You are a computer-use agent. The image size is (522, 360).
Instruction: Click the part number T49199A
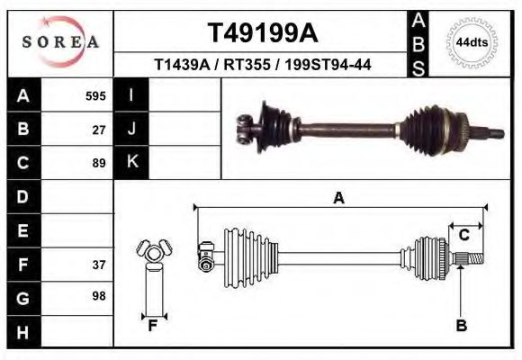coord(262,33)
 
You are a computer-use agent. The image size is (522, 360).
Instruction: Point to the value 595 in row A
coord(95,95)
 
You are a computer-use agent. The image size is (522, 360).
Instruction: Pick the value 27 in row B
coord(99,129)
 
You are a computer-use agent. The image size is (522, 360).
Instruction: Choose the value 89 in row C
coord(99,163)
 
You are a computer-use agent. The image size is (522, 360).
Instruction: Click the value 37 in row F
coord(99,265)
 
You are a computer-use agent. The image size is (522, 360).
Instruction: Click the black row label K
coord(132,163)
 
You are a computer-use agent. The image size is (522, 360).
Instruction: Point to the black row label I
coord(132,95)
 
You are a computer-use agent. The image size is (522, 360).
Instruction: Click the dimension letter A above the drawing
coord(338,199)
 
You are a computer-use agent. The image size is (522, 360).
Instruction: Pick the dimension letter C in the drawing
coord(463,236)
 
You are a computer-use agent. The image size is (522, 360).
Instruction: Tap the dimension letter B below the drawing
coord(461,326)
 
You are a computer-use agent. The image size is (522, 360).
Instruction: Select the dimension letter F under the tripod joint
coord(153,326)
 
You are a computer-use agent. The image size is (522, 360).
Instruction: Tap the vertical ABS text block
coord(418,43)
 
